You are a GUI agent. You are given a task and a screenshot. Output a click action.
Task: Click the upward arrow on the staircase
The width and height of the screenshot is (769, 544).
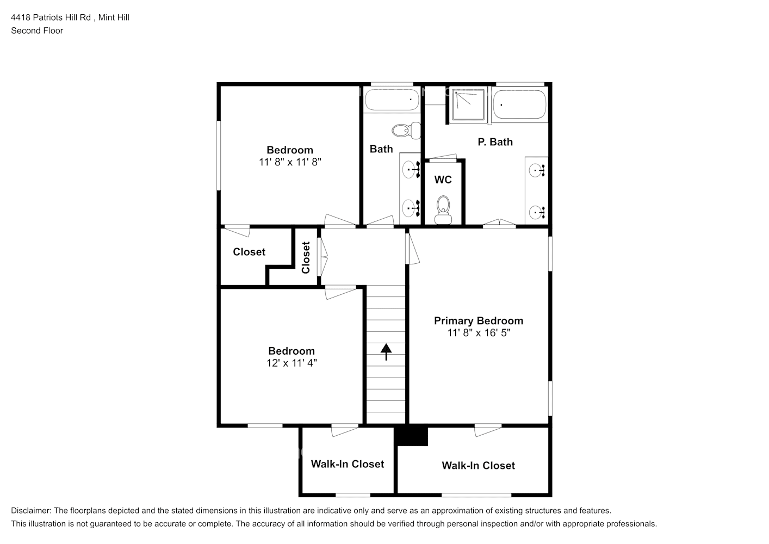click(x=386, y=351)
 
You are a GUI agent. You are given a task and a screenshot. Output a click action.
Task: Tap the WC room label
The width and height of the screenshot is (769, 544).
click(x=443, y=180)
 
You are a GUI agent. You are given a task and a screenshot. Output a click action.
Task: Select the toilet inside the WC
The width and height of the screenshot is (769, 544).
click(x=443, y=209)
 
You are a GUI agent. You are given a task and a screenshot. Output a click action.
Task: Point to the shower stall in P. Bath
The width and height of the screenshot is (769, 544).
click(x=467, y=105)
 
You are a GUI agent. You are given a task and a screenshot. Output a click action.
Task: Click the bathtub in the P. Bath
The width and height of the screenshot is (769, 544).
click(x=519, y=104)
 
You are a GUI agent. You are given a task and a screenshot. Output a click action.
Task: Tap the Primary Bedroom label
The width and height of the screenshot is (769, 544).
click(x=478, y=321)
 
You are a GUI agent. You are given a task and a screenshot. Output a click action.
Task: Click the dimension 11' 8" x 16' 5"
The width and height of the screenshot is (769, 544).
click(x=478, y=333)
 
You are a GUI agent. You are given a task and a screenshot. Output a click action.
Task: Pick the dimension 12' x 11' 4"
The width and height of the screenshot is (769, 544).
click(x=292, y=363)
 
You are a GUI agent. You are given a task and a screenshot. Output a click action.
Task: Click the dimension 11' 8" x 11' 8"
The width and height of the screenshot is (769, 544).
click(x=290, y=162)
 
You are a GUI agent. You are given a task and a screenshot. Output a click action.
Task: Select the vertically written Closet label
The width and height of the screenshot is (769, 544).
click(x=306, y=257)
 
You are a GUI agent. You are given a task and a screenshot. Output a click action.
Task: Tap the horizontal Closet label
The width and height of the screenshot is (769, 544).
click(x=249, y=252)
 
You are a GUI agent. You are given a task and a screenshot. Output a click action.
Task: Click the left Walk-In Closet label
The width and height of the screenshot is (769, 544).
click(x=347, y=464)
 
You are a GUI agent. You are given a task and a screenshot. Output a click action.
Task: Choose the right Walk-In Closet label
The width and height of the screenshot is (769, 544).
click(x=478, y=466)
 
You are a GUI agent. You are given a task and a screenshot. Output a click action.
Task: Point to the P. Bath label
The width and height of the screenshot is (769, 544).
click(x=495, y=142)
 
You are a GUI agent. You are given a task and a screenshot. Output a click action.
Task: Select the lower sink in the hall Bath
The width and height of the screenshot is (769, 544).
click(x=410, y=208)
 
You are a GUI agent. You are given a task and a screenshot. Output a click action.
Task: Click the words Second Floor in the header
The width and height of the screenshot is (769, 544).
click(x=37, y=30)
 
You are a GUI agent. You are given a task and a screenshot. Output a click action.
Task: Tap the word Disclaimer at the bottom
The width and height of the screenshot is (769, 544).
click(x=30, y=511)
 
